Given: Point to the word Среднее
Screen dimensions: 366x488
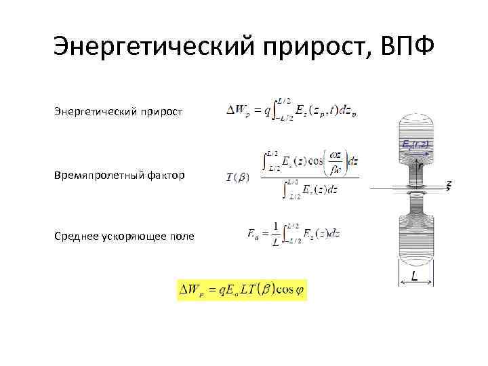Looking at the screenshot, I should [75, 236].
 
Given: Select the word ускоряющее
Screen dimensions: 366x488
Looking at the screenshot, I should [134, 236].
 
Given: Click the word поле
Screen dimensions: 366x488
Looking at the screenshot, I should [182, 236].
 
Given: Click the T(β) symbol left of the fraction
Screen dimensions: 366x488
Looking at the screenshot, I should [237, 178].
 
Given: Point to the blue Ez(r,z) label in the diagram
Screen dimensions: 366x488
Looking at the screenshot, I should [416, 145].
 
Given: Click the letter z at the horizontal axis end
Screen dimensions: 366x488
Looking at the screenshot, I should [449, 184].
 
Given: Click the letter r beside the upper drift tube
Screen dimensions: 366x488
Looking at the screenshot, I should [420, 165].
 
